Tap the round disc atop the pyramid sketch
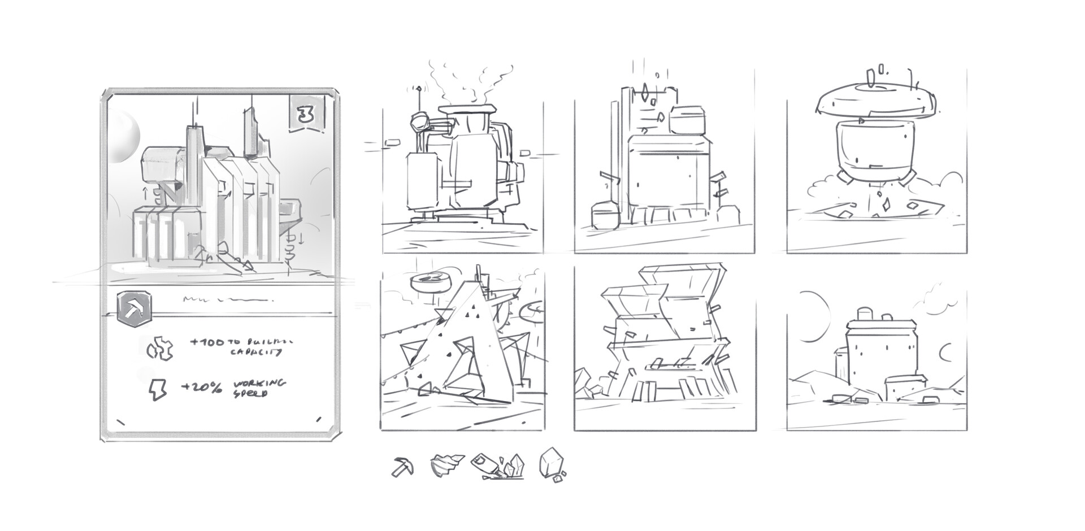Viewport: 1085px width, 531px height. click(x=428, y=281)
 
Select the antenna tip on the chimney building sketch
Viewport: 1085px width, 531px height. click(x=419, y=89)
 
